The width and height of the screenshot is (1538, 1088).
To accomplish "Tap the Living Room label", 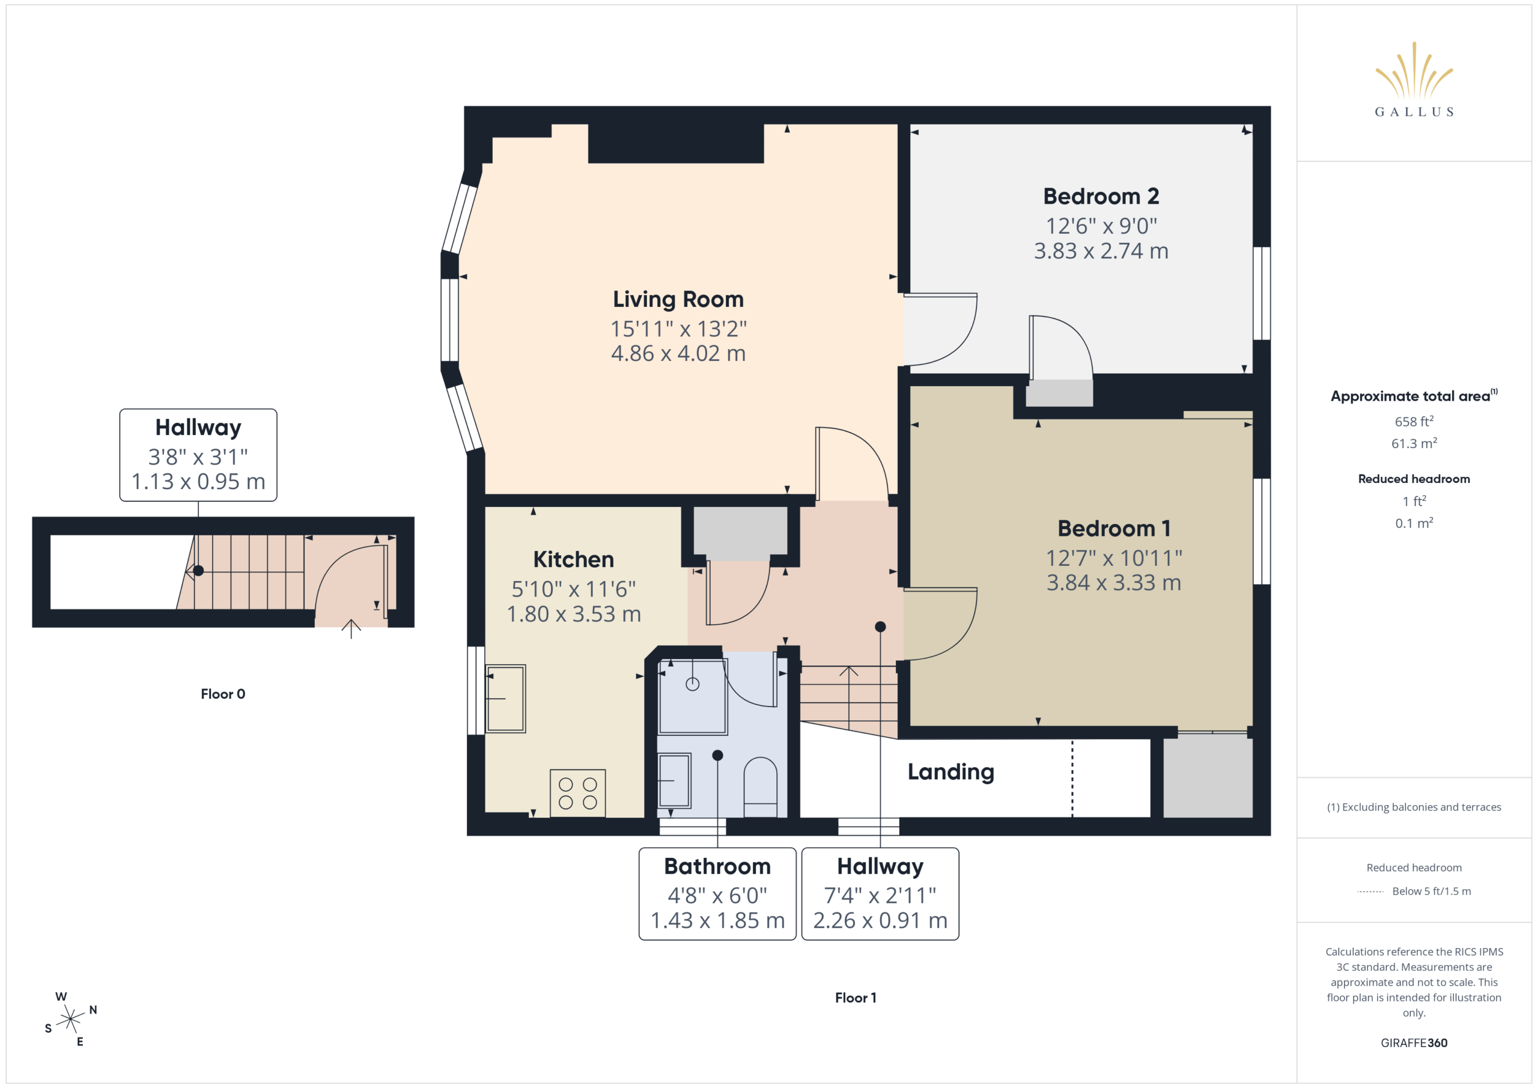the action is pyautogui.click(x=678, y=299).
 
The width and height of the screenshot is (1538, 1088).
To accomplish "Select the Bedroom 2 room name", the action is pyautogui.click(x=1101, y=196).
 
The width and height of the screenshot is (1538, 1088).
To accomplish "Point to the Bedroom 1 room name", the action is pyautogui.click(x=1114, y=528).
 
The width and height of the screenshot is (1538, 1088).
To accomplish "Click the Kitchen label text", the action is pyautogui.click(x=573, y=559).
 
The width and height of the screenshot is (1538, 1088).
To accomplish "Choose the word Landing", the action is pyautogui.click(x=950, y=772).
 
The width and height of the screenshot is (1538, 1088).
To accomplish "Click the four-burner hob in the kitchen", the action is pyautogui.click(x=577, y=792).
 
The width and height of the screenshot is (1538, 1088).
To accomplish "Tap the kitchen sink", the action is pyautogui.click(x=505, y=698).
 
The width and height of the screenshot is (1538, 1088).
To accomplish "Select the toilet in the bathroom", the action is pyautogui.click(x=761, y=786).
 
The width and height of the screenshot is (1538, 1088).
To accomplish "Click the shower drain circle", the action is pyautogui.click(x=693, y=684).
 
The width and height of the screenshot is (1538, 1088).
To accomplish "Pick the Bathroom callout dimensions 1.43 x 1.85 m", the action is pyautogui.click(x=717, y=920).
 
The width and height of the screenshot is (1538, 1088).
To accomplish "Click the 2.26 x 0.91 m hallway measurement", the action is pyautogui.click(x=880, y=920).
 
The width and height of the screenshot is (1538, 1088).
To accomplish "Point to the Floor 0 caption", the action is pyautogui.click(x=223, y=694).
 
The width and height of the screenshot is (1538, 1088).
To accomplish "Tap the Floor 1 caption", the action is pyautogui.click(x=856, y=997).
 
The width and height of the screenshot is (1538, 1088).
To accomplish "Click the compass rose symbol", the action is pyautogui.click(x=70, y=1019).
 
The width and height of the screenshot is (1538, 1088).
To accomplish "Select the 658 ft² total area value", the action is pyautogui.click(x=1414, y=421).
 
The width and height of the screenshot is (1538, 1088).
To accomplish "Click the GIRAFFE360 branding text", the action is pyautogui.click(x=1414, y=1042).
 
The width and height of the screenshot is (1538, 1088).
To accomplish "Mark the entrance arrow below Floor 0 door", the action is pyautogui.click(x=351, y=628).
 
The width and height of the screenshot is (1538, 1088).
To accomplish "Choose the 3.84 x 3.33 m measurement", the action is pyautogui.click(x=1114, y=582).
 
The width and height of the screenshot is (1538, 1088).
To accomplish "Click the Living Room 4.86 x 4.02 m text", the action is pyautogui.click(x=678, y=353).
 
